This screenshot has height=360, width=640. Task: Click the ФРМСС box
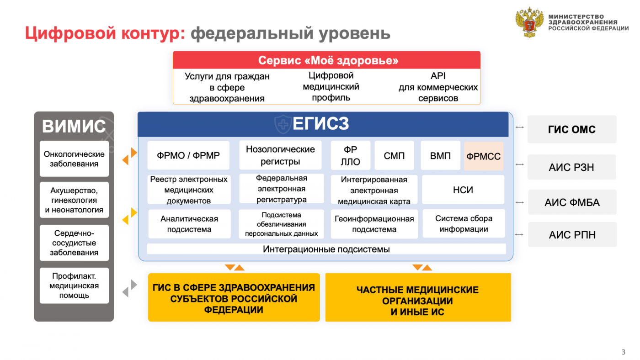click(484, 156)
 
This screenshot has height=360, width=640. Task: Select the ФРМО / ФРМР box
click(188, 155)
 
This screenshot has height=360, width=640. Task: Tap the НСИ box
click(463, 190)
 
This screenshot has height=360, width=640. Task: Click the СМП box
click(394, 155)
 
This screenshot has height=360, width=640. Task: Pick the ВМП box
click(440, 155)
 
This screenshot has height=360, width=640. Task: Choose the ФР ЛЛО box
click(350, 155)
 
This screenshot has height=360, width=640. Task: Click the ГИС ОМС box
click(572, 129)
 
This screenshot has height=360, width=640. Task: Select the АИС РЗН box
click(571, 167)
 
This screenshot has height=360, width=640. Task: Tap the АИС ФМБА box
click(572, 202)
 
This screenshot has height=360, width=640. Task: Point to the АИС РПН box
click(572, 234)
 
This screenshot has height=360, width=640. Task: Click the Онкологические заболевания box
click(74, 159)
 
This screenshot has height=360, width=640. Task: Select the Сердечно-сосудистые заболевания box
click(74, 243)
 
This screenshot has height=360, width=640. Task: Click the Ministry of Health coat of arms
click(529, 22)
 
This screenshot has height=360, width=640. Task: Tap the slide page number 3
click(624, 352)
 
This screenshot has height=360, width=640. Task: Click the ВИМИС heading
click(74, 126)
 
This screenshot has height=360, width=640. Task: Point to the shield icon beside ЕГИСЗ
click(283, 124)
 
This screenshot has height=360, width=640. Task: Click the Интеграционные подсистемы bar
click(326, 249)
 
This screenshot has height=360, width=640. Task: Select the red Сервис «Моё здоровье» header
click(326, 60)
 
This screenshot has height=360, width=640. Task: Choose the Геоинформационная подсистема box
click(374, 224)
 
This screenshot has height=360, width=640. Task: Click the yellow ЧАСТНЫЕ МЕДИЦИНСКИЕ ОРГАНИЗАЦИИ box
click(418, 297)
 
